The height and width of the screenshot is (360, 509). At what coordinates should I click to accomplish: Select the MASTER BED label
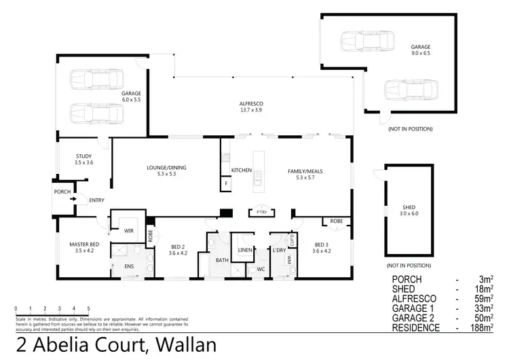(85, 245)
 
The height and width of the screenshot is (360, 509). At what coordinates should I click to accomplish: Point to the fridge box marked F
(225, 183)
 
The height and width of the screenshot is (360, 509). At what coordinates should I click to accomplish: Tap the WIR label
(129, 230)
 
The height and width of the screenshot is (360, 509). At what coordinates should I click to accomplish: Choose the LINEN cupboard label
(244, 250)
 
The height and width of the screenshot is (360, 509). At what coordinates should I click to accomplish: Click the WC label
(260, 269)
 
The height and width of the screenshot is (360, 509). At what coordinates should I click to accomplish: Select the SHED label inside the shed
(409, 206)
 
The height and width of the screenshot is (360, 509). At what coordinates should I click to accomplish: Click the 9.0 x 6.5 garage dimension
(421, 54)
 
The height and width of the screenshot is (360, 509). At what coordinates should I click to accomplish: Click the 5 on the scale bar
(88, 309)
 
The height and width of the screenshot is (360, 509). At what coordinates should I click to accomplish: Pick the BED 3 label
(322, 245)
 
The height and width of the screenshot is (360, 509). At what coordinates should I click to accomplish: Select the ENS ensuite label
(129, 266)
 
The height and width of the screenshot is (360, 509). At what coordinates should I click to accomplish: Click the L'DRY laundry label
(279, 250)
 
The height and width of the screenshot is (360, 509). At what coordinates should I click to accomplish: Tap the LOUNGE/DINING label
(166, 168)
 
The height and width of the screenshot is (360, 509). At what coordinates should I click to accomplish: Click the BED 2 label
(178, 247)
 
